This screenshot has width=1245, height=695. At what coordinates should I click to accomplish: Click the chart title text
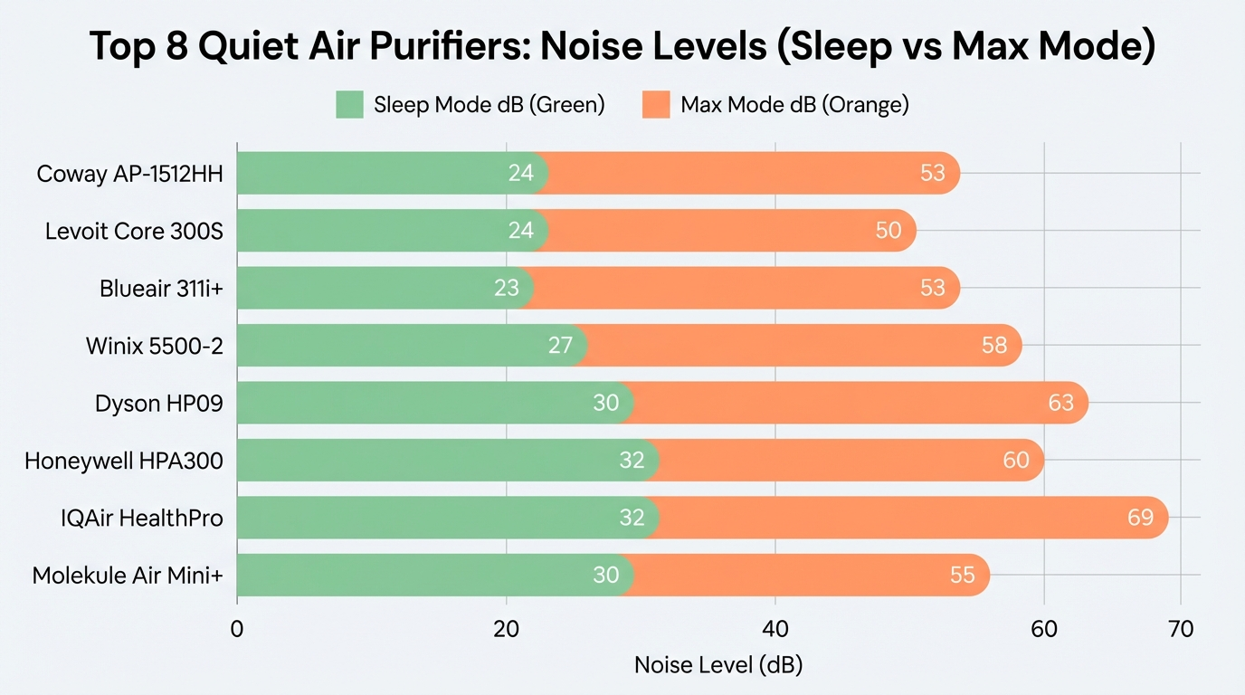(x=622, y=48)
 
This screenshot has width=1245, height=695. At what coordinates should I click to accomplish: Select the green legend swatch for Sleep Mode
(x=349, y=105)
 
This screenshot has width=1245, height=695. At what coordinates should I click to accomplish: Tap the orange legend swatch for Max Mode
(x=655, y=105)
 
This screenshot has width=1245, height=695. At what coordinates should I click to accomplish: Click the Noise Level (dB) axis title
(x=718, y=665)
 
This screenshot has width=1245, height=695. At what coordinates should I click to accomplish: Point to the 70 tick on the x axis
(x=1181, y=629)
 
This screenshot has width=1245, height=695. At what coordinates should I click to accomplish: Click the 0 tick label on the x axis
(x=237, y=629)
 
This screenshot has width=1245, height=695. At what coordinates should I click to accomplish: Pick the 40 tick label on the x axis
(x=775, y=629)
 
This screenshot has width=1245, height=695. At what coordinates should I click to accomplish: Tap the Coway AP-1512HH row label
(x=129, y=174)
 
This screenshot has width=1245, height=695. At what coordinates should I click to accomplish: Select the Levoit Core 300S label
(x=134, y=232)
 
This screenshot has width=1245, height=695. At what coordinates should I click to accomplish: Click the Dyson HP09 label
(x=158, y=404)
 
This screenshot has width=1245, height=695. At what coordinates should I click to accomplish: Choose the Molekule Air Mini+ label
(x=128, y=576)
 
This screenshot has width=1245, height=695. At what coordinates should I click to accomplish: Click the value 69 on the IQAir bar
(x=1140, y=518)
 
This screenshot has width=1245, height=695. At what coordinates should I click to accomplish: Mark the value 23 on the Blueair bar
(x=507, y=289)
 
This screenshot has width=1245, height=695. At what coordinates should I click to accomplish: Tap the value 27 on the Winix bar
(x=560, y=346)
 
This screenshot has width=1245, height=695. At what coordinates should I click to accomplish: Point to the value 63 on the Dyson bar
(x=1060, y=403)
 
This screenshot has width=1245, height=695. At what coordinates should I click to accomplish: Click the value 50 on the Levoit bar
(x=889, y=231)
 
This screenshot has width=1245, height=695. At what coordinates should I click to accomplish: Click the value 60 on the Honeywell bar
(x=1016, y=461)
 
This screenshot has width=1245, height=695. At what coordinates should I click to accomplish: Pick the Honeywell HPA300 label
(x=124, y=462)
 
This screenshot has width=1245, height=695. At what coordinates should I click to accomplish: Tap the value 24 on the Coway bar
(x=521, y=174)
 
